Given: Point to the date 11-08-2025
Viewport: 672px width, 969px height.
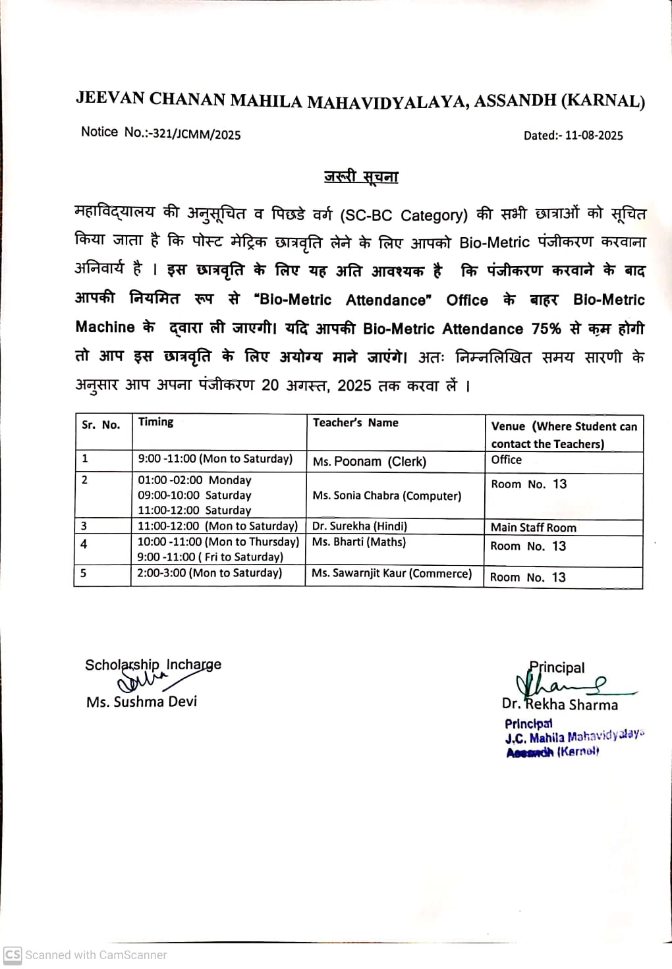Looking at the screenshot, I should (x=594, y=135).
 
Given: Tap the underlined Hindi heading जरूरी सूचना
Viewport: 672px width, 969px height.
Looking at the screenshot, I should (x=361, y=177).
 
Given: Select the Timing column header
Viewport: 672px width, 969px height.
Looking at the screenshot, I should (x=155, y=422).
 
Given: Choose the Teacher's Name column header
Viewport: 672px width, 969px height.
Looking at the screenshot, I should (x=355, y=423).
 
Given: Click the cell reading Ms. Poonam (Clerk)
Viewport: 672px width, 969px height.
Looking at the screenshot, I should (x=369, y=462).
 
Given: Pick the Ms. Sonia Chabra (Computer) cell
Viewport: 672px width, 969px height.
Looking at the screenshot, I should (x=387, y=496).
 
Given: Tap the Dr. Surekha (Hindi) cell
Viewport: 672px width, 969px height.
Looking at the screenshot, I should (x=359, y=526).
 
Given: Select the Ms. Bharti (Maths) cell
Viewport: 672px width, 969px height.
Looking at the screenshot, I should (x=358, y=542).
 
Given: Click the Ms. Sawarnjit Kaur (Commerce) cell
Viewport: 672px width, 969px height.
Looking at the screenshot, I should (x=391, y=574).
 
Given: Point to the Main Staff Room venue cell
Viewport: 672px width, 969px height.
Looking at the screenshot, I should (x=533, y=528).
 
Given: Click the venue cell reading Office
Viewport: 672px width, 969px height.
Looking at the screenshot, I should (x=506, y=460).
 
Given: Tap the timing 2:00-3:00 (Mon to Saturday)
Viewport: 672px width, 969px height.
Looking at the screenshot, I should (x=210, y=573).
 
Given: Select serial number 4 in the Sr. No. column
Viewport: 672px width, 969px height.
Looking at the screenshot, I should (x=84, y=544).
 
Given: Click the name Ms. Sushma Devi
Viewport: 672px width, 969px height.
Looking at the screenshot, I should (x=142, y=702).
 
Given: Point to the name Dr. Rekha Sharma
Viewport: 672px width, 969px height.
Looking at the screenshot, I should (x=560, y=705).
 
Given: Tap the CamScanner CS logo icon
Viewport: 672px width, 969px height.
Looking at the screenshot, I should (x=13, y=955).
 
